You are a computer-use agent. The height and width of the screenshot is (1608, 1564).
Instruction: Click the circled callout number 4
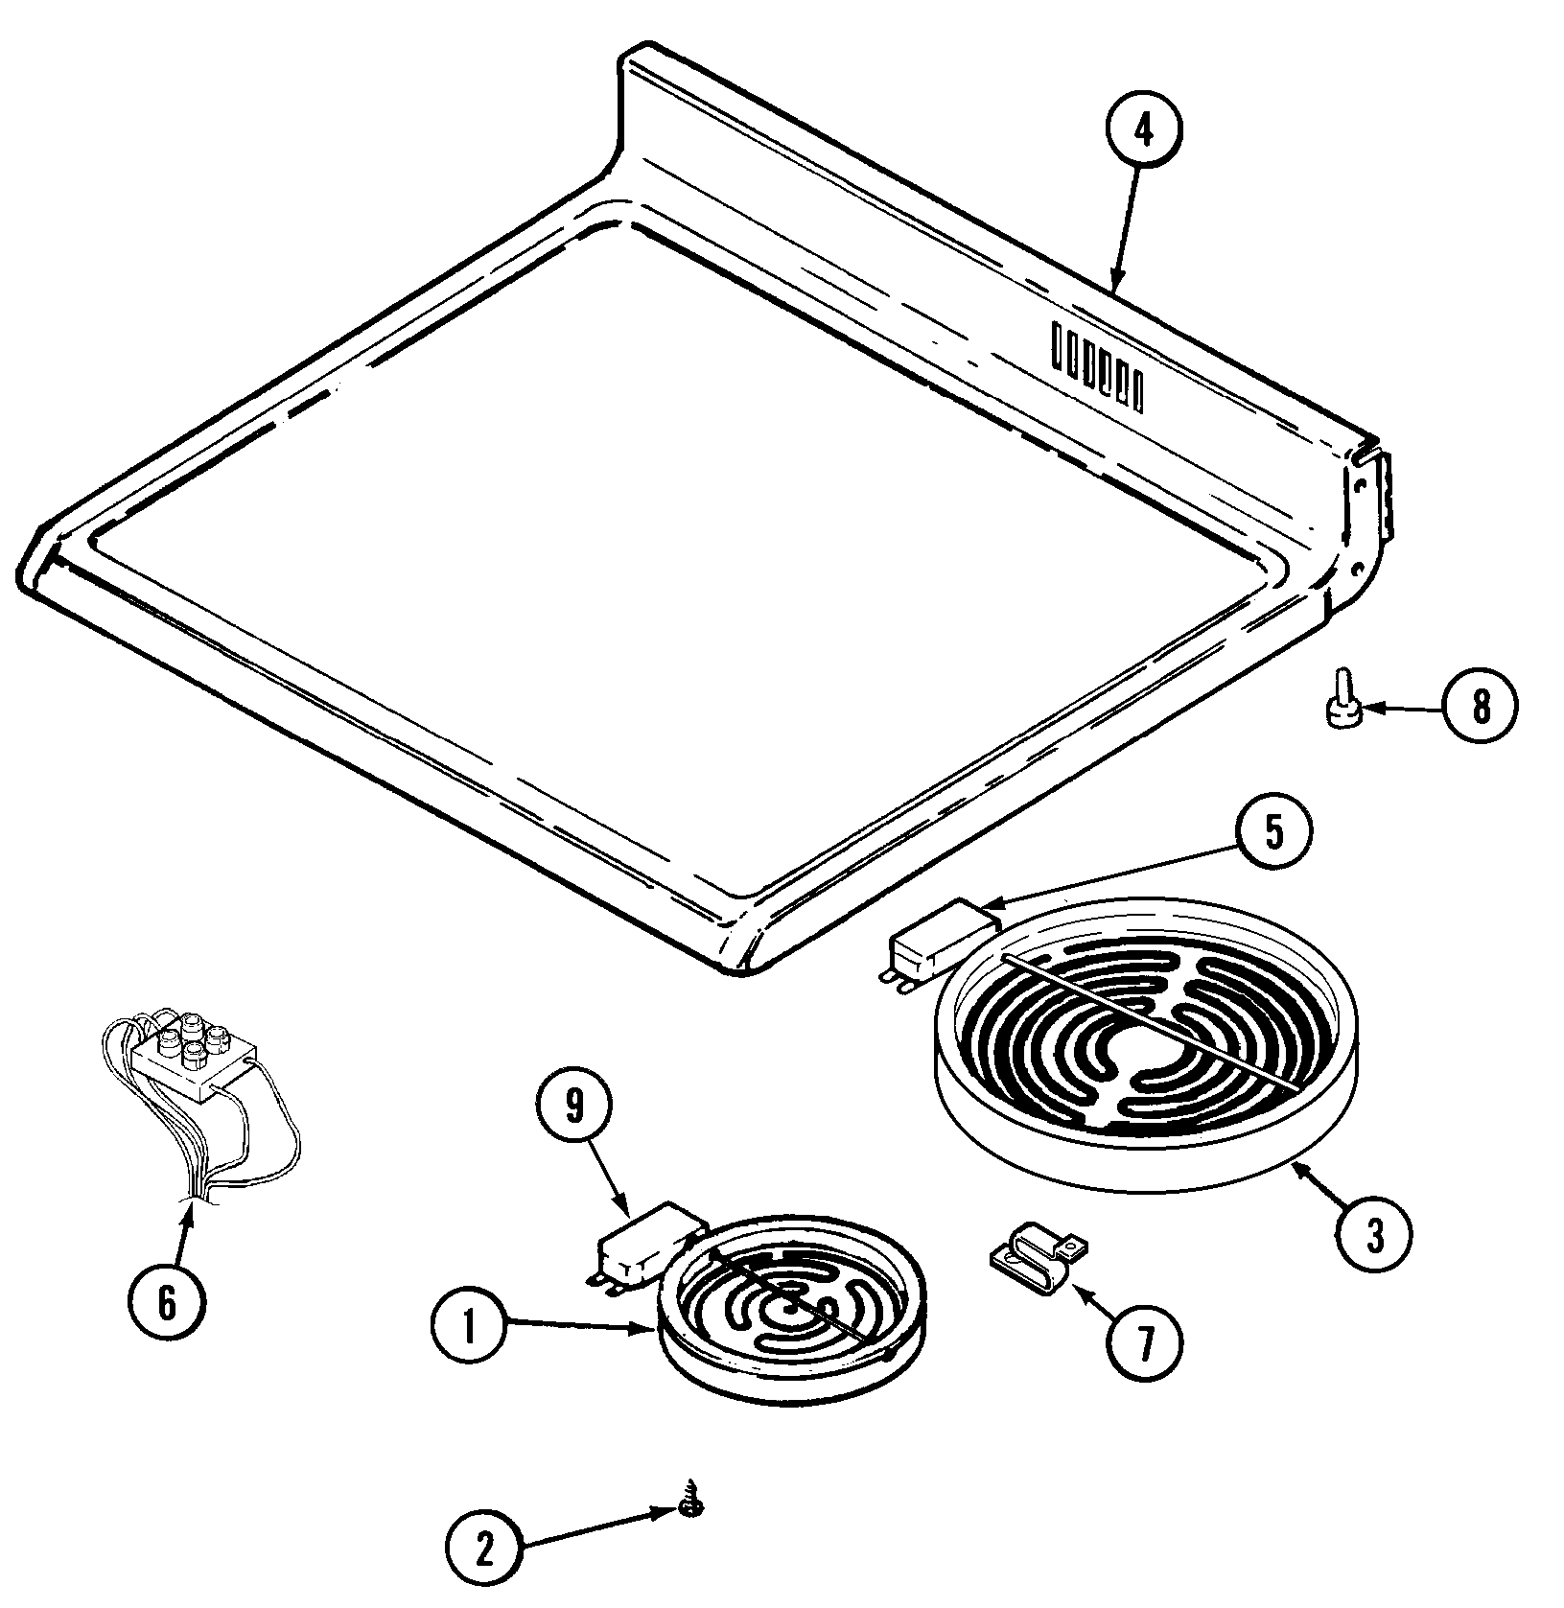tap(1143, 131)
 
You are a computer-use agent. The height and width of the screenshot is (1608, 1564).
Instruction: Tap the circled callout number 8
tap(1481, 708)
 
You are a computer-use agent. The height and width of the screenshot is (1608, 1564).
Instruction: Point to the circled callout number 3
tap(1375, 1238)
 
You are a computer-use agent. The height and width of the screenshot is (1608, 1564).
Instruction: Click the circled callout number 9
tap(573, 1107)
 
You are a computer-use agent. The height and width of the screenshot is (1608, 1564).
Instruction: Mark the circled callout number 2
tap(483, 1549)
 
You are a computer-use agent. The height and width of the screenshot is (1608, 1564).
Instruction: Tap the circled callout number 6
tap(166, 1304)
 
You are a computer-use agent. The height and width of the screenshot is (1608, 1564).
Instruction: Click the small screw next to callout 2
tap(688, 1509)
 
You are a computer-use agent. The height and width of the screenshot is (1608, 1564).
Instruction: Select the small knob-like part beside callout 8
tap(1341, 710)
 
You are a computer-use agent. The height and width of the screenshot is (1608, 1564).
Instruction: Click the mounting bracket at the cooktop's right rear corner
tap(1370, 502)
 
